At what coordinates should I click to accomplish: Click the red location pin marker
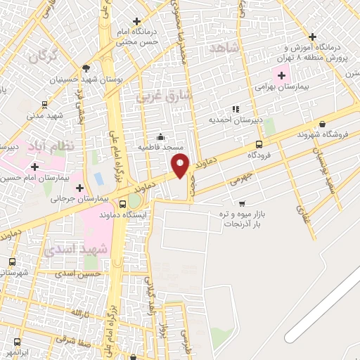click(181, 166)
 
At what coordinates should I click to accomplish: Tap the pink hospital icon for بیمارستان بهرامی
click(282, 76)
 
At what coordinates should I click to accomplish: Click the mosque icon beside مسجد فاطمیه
click(162, 136)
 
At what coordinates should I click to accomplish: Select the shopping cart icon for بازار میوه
click(242, 203)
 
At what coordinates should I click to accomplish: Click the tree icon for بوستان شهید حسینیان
click(86, 68)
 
